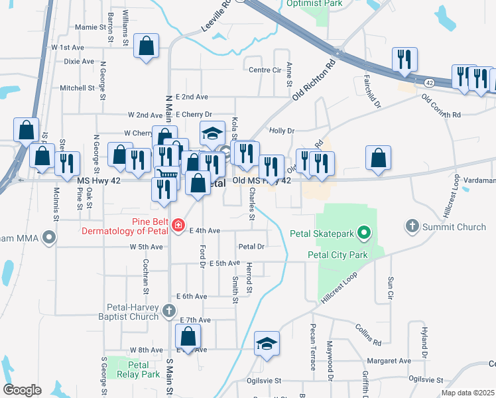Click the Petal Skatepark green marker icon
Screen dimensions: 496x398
(363, 233)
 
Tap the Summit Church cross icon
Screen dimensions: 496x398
(412, 227)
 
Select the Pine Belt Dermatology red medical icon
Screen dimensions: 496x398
(178, 227)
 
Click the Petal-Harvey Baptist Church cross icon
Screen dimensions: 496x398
(169, 310)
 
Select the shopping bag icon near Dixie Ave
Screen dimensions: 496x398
(147, 47)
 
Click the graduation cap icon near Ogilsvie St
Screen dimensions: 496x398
(267, 344)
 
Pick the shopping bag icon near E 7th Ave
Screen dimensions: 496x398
(188, 338)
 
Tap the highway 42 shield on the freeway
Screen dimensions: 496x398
(430, 83)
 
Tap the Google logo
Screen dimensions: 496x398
(22, 389)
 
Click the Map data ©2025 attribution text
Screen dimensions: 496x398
(467, 393)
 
